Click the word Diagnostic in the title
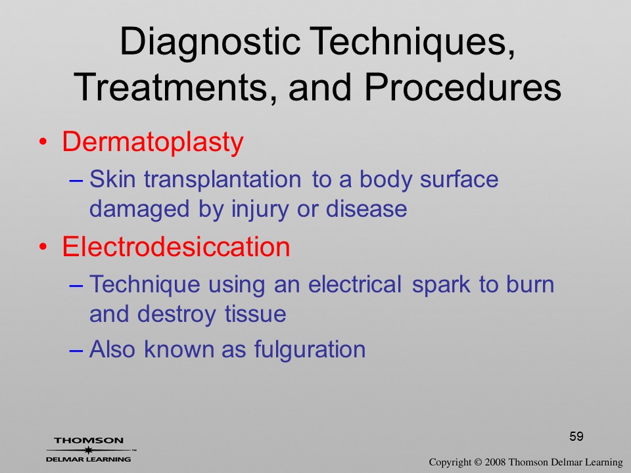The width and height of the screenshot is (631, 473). [x=210, y=43]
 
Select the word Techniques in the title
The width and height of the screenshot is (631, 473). [x=412, y=43]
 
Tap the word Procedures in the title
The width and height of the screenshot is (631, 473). [x=462, y=87]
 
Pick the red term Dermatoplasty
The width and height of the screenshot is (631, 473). [x=153, y=143]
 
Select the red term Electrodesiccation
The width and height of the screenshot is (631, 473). [x=176, y=246]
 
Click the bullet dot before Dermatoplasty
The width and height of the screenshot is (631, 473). [x=43, y=142]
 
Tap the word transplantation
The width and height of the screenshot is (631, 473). [x=223, y=179]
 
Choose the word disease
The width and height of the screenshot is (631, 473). [x=366, y=209]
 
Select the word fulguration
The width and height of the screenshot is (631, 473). [x=310, y=349]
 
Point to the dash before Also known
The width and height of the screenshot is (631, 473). [x=76, y=350]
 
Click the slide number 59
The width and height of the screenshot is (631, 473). [x=576, y=436]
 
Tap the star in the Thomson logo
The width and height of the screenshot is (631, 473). [x=88, y=450]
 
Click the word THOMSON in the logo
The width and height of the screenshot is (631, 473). [x=89, y=440]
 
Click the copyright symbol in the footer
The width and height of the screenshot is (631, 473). [x=478, y=462]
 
